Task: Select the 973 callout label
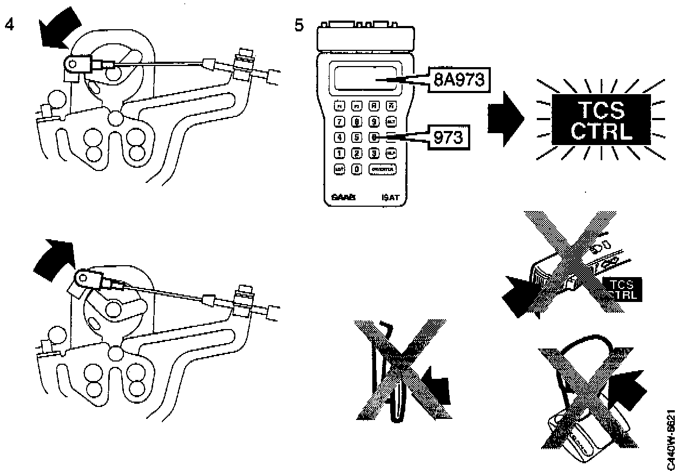click(x=449, y=137)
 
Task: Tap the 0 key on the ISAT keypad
click(x=357, y=169)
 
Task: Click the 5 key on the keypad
click(x=357, y=137)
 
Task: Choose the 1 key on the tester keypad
click(x=340, y=153)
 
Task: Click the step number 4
click(x=9, y=24)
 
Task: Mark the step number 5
click(x=299, y=24)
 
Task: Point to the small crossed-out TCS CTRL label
click(x=622, y=289)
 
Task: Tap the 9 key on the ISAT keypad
click(x=373, y=121)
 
